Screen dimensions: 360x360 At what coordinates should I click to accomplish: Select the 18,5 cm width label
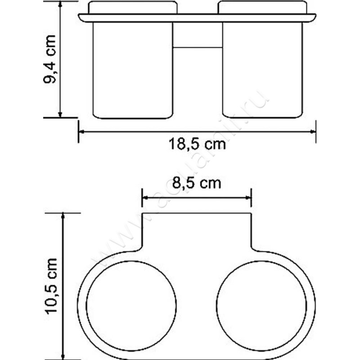tap(197, 145)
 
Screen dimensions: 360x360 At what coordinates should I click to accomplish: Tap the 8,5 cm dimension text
tap(197, 183)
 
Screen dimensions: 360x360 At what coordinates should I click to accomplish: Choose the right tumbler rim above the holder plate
tap(263, 8)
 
